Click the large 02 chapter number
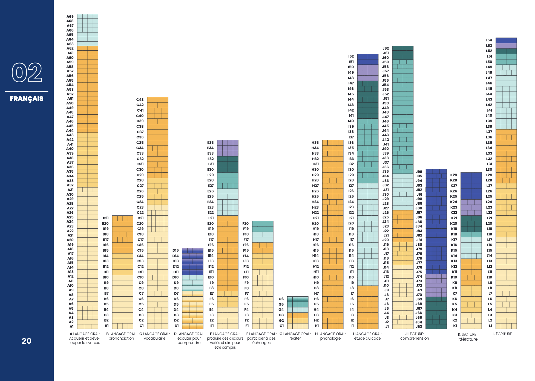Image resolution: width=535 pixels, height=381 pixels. tap(27, 73)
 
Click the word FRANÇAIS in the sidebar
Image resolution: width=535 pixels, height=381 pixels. tap(27, 99)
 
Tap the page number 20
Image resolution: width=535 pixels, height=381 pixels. tap(27, 341)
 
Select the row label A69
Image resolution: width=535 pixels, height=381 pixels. tap(70, 16)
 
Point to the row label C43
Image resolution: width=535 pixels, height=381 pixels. tap(140, 99)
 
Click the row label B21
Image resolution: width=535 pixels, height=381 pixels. tap(106, 218)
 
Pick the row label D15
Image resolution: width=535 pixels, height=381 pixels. tap(176, 250)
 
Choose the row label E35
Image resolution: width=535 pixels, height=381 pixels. tap(210, 143)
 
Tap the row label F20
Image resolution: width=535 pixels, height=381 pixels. tap(246, 223)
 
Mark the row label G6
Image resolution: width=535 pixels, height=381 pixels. tap(281, 299)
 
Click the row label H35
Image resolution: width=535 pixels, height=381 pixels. tap(315, 143)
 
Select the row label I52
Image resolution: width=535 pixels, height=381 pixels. tap(351, 56)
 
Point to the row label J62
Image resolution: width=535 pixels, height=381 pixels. tap(386, 48)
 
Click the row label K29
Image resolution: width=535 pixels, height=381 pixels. tap(454, 175)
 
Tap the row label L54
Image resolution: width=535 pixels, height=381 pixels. tap(489, 40)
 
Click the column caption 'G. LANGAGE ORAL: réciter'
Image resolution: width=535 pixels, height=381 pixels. tap(295, 336)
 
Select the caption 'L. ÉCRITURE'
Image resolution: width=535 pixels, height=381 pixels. tap(502, 334)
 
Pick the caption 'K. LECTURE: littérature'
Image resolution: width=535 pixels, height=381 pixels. tap(468, 337)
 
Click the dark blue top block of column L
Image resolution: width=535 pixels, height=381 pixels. tap(506, 40)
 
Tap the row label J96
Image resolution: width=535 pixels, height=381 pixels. tap(419, 172)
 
